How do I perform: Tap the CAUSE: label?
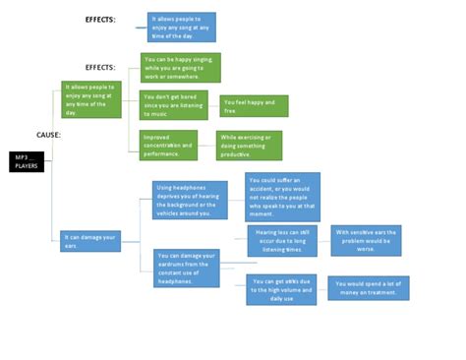49,135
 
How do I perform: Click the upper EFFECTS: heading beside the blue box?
100,20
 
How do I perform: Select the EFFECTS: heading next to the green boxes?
100,67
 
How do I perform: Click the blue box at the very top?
181,27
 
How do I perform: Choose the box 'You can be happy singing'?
181,67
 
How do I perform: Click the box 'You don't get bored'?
173,105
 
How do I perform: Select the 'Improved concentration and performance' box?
169,143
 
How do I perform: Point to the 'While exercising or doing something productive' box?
249,143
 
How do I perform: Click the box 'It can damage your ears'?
89,240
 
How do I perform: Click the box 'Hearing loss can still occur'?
281,241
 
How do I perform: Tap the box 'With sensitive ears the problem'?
366,241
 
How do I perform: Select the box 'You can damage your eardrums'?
190,266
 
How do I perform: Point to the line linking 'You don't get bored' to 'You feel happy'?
211,105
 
